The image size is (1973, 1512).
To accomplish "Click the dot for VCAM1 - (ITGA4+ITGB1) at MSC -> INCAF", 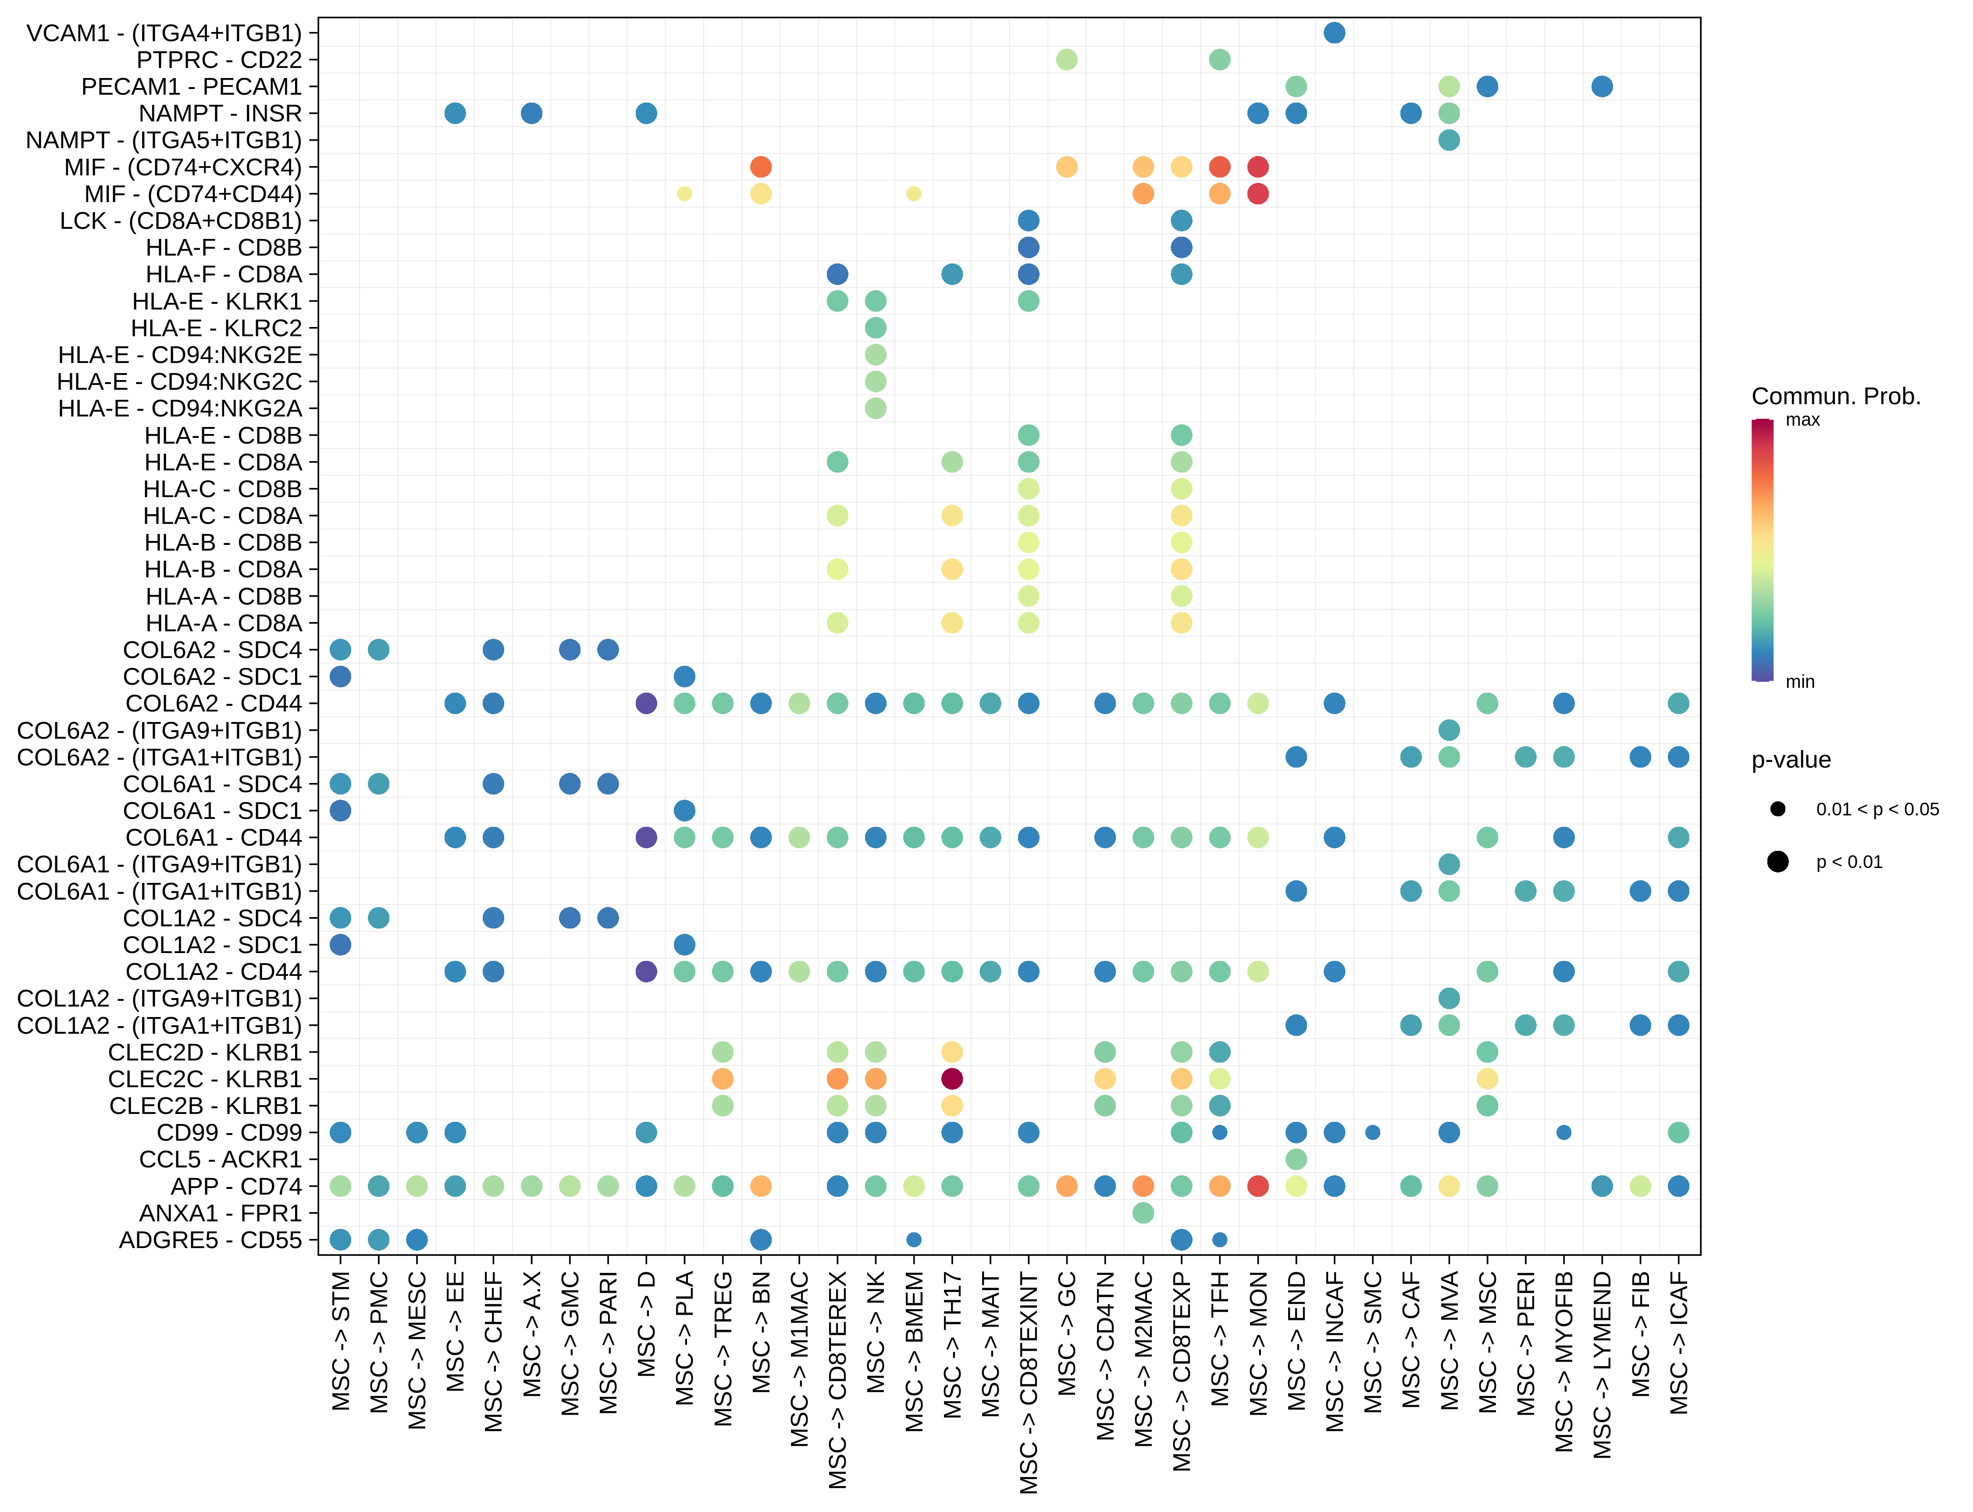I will (1334, 33).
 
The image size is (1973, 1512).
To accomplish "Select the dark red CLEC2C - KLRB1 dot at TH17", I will (951, 1078).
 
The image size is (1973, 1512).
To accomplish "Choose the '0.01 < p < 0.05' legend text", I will (1877, 809).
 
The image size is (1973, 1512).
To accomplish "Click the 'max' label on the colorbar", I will (1802, 420).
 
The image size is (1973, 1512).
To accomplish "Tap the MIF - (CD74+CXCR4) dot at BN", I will (761, 167).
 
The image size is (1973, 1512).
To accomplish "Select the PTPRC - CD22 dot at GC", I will (1067, 59).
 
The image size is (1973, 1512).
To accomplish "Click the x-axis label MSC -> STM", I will (340, 1341).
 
